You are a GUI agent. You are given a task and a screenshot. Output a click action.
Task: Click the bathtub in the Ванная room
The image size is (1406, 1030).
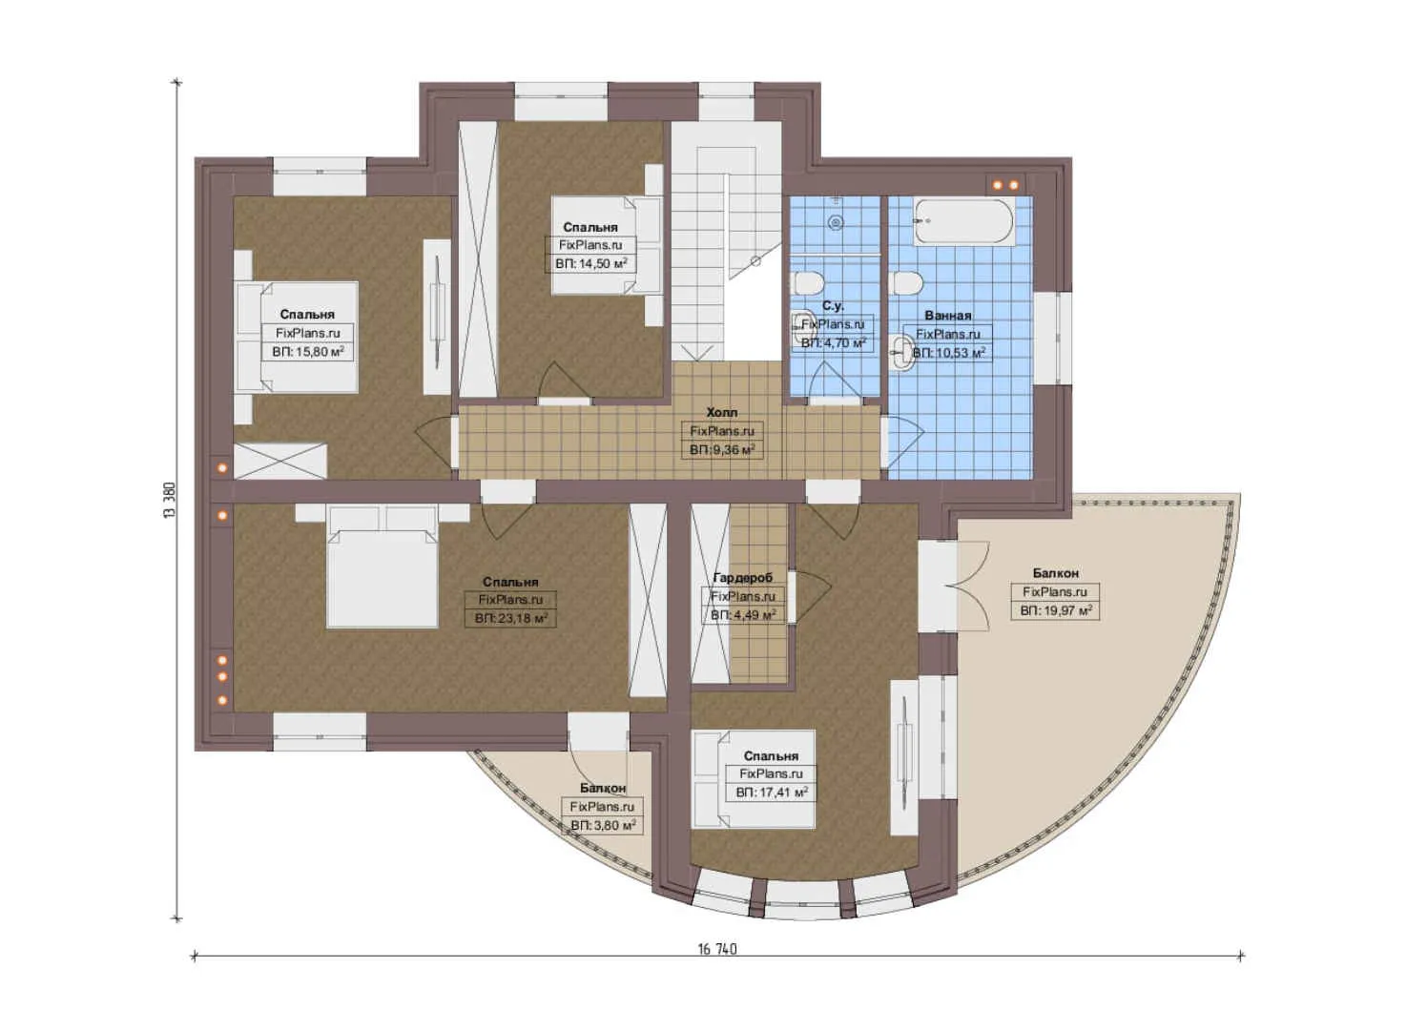tap(963, 222)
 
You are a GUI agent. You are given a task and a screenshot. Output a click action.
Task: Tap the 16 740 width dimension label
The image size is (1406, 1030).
tap(717, 949)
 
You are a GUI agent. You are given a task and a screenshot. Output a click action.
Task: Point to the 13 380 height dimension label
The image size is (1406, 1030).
tap(170, 500)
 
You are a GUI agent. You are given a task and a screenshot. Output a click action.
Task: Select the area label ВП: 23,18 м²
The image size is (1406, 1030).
tap(511, 618)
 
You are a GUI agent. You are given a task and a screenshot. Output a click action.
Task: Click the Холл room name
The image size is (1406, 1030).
tap(721, 413)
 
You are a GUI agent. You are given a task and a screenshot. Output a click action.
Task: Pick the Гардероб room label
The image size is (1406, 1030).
tap(742, 578)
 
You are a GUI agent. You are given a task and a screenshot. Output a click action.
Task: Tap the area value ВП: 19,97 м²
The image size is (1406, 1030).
tap(1056, 610)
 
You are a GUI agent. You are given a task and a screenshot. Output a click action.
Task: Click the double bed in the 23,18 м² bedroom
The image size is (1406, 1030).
tap(382, 567)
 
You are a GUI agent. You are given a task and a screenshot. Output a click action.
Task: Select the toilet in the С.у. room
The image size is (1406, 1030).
tap(809, 283)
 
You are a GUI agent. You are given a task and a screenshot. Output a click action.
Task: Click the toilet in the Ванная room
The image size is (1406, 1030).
tap(906, 283)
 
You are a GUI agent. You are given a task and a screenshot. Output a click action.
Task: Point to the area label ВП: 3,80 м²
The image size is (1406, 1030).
tap(603, 825)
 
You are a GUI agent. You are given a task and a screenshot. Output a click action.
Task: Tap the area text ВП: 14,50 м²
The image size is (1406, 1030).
tap(591, 263)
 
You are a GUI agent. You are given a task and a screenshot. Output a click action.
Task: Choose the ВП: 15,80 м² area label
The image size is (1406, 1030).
tap(307, 352)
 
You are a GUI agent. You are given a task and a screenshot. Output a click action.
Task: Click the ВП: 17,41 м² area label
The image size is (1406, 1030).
tap(772, 793)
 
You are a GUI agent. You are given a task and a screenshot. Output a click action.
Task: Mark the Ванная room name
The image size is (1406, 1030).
tap(947, 316)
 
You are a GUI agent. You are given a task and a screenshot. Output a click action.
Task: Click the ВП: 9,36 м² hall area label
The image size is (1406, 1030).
tap(722, 449)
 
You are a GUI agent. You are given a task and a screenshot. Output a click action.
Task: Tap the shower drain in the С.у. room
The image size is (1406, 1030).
tap(836, 222)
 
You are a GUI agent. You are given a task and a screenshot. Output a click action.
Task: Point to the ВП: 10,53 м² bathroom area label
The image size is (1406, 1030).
tap(948, 353)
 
